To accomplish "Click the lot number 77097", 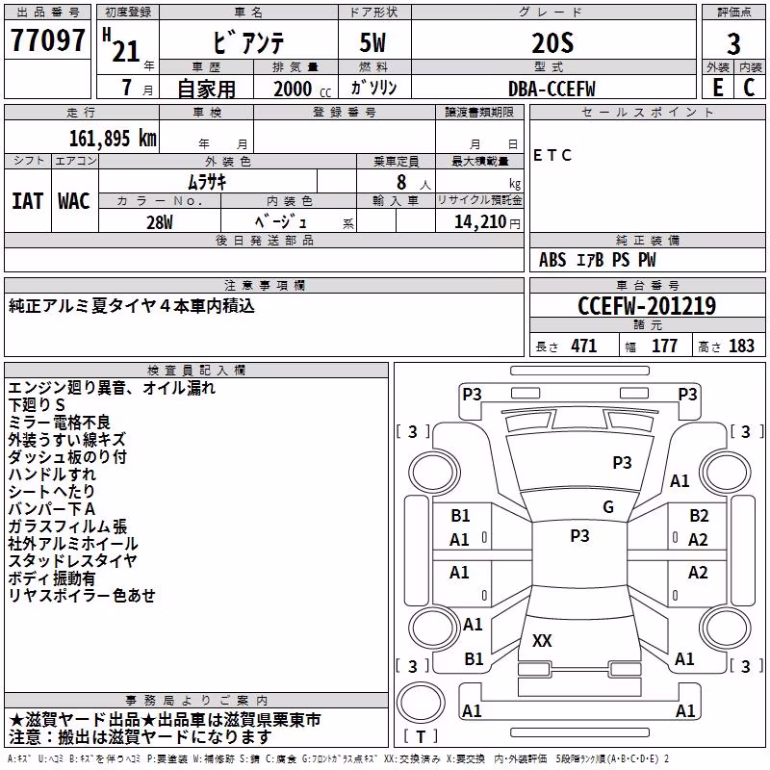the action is click(47, 40).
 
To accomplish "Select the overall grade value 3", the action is click(733, 43).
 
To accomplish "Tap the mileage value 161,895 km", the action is click(113, 139).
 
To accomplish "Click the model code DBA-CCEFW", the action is click(552, 89).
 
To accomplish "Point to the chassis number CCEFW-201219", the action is click(647, 306).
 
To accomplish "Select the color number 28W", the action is click(159, 222).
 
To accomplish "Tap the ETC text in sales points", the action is click(552, 155).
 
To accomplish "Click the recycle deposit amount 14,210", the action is click(480, 221).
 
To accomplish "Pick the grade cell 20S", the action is click(552, 43).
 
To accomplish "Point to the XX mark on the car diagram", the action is click(542, 640).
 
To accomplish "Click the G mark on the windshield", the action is click(608, 506).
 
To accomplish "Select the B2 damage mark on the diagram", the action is click(699, 516).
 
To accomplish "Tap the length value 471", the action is click(584, 346).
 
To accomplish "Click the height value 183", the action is click(741, 346).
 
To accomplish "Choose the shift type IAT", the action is click(27, 201).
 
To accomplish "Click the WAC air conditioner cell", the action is click(74, 201).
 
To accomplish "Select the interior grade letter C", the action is click(749, 88).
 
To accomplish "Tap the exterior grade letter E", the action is click(718, 88).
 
